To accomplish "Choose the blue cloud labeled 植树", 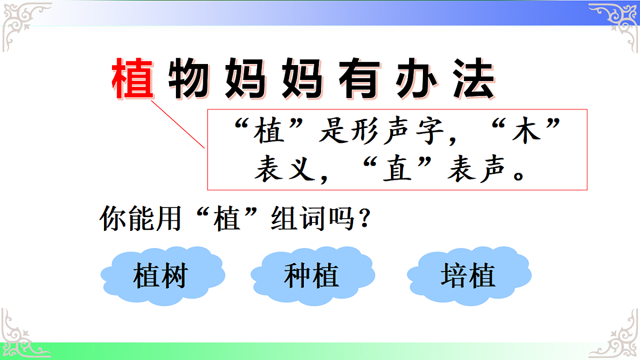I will [x=162, y=276].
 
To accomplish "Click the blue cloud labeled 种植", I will [x=311, y=276].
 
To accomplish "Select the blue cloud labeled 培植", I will [x=468, y=276].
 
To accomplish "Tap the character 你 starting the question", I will [x=112, y=219].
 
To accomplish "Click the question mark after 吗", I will [x=364, y=219].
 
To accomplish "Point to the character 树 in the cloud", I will [x=174, y=276].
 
